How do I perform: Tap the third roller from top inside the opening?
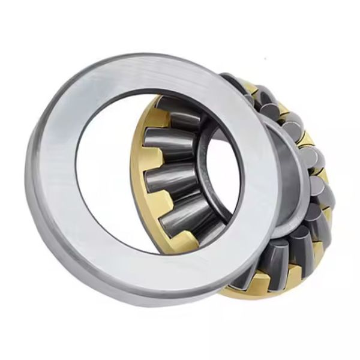coord(174,179)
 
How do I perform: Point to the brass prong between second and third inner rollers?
coord(153,162)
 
